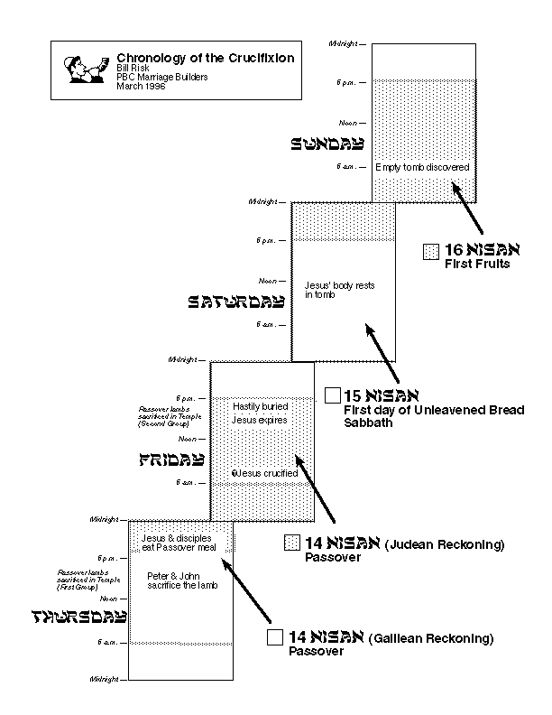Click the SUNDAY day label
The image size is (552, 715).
point(327,143)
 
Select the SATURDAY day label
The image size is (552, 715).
point(235,302)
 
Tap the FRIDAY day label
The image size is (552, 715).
point(171,460)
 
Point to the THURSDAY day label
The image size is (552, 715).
point(78,617)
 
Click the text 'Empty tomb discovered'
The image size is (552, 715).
point(422,168)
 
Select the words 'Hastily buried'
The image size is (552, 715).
point(260,408)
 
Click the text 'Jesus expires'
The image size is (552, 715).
point(260,420)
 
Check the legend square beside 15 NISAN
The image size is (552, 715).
point(333,395)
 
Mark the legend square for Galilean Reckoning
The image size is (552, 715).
point(275,637)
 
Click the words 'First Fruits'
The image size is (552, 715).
point(477,265)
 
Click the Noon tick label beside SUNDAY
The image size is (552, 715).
point(346,122)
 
